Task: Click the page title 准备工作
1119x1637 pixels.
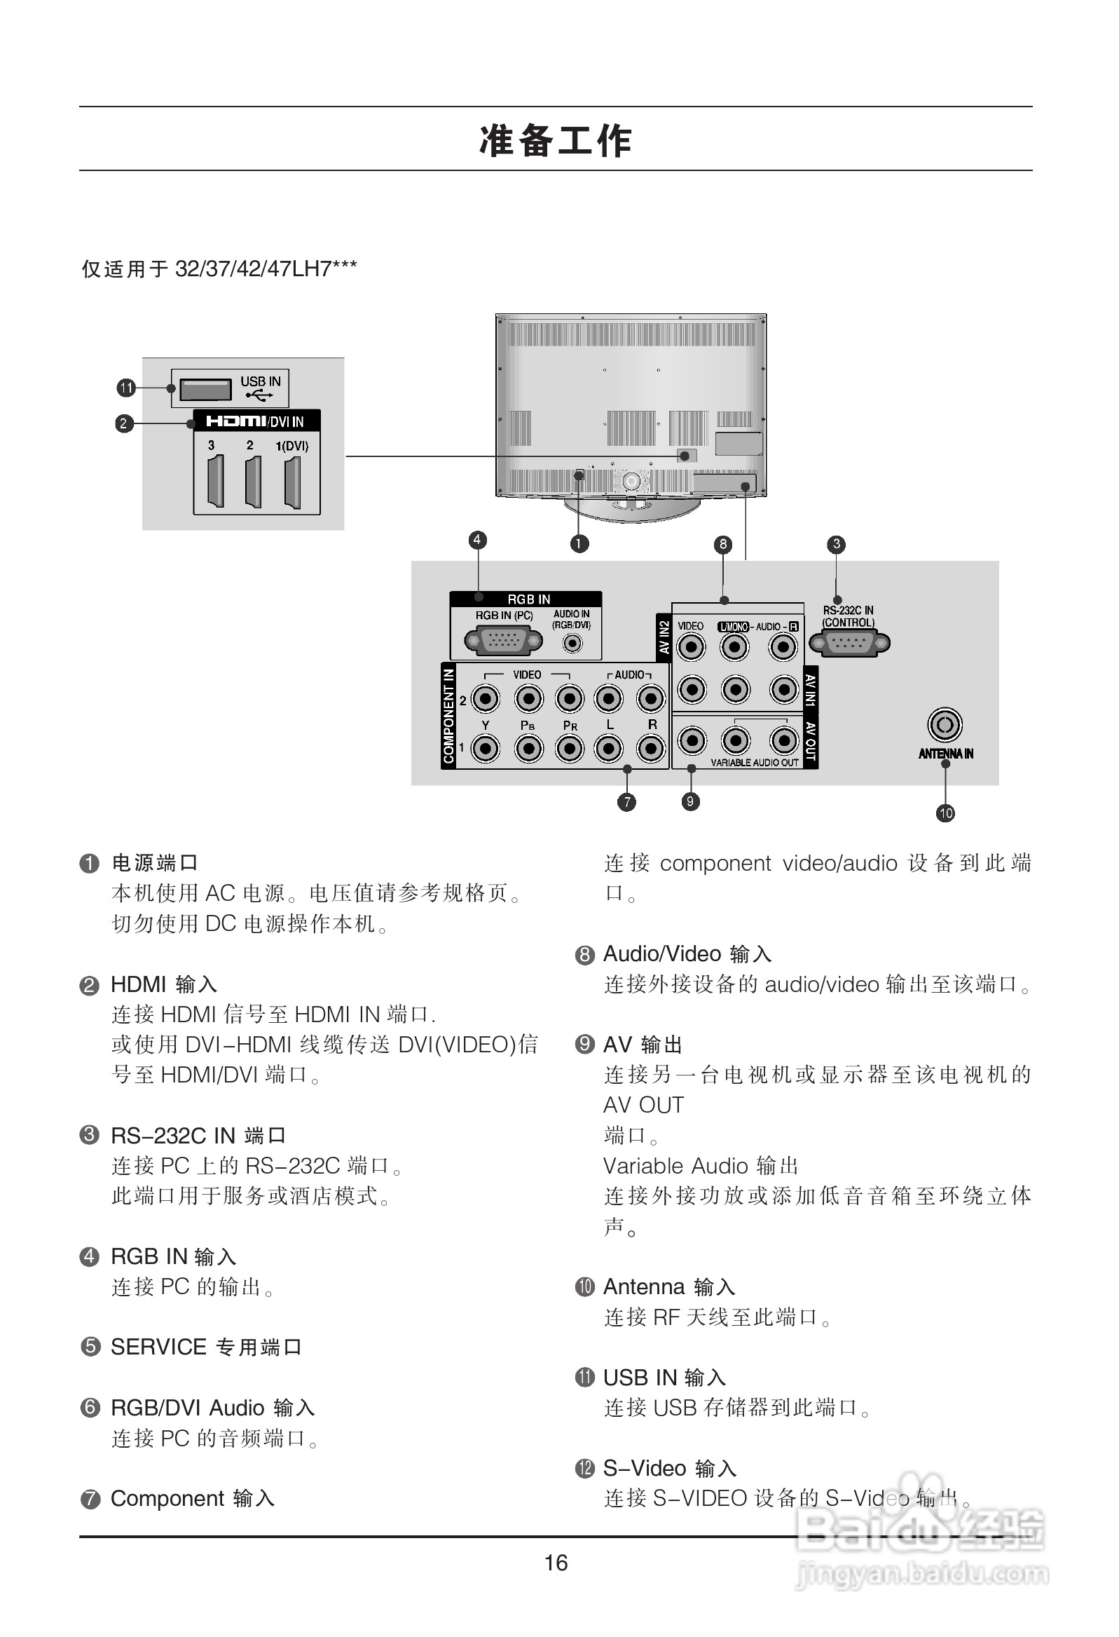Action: pyautogui.click(x=556, y=140)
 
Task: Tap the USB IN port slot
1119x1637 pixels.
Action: pyautogui.click(x=205, y=389)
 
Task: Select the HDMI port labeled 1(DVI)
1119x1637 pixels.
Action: pyautogui.click(x=292, y=482)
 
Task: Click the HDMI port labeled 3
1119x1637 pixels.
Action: pyautogui.click(x=216, y=482)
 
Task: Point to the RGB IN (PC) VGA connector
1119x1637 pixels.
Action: pyautogui.click(x=503, y=641)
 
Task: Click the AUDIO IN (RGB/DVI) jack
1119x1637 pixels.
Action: pyautogui.click(x=572, y=643)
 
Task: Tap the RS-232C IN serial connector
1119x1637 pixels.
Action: pyautogui.click(x=849, y=643)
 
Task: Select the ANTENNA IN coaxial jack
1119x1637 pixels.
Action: pyautogui.click(x=945, y=725)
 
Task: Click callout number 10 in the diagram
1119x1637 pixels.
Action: pyautogui.click(x=945, y=813)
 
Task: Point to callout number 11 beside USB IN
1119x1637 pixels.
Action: pyautogui.click(x=126, y=388)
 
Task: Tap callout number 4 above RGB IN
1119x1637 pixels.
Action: pyautogui.click(x=477, y=541)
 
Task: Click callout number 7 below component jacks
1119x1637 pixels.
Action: pyautogui.click(x=626, y=801)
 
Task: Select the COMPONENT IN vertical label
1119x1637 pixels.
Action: pyautogui.click(x=448, y=716)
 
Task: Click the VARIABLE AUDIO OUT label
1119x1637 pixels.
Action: pyautogui.click(x=754, y=762)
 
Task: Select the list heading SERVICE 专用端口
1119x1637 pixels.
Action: pyautogui.click(x=205, y=1347)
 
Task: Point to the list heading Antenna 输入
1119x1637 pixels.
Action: pyautogui.click(x=669, y=1287)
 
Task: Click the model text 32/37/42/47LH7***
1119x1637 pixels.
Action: pyautogui.click(x=266, y=269)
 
